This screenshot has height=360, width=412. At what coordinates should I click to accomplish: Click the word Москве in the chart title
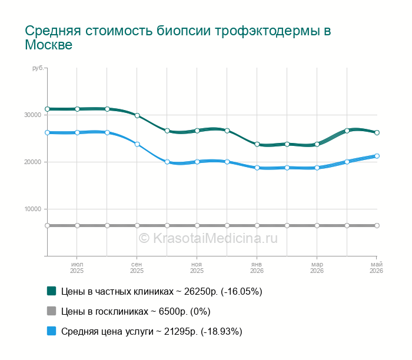49,45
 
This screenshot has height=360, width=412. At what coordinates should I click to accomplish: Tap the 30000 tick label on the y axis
33,115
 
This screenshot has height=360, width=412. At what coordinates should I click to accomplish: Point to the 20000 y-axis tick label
33,162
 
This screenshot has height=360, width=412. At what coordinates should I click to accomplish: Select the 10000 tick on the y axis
33,209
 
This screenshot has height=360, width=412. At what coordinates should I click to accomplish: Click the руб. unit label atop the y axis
38,68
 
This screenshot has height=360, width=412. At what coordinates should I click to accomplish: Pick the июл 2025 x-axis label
77,268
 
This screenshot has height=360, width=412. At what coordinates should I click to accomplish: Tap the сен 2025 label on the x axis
137,268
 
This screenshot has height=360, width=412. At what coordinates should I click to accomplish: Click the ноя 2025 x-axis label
197,268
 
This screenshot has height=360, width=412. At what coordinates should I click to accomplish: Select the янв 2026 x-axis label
257,268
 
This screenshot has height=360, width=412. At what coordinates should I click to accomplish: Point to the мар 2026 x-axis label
317,268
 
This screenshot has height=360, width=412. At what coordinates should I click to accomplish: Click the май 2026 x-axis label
376,268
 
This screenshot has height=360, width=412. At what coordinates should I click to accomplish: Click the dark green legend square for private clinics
52,291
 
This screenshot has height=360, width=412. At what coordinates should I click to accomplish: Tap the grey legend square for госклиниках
52,311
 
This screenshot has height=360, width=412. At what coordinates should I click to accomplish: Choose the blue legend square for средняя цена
52,331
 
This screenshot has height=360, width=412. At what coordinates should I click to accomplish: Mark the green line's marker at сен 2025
137,115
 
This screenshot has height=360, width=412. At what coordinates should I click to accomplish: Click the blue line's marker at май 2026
377,156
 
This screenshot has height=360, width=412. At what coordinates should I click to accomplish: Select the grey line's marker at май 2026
377,225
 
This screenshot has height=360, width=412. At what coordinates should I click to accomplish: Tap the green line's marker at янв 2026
257,144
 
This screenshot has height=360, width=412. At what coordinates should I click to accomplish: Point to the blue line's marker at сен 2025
137,144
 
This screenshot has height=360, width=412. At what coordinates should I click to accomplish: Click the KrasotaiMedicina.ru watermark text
208,238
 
